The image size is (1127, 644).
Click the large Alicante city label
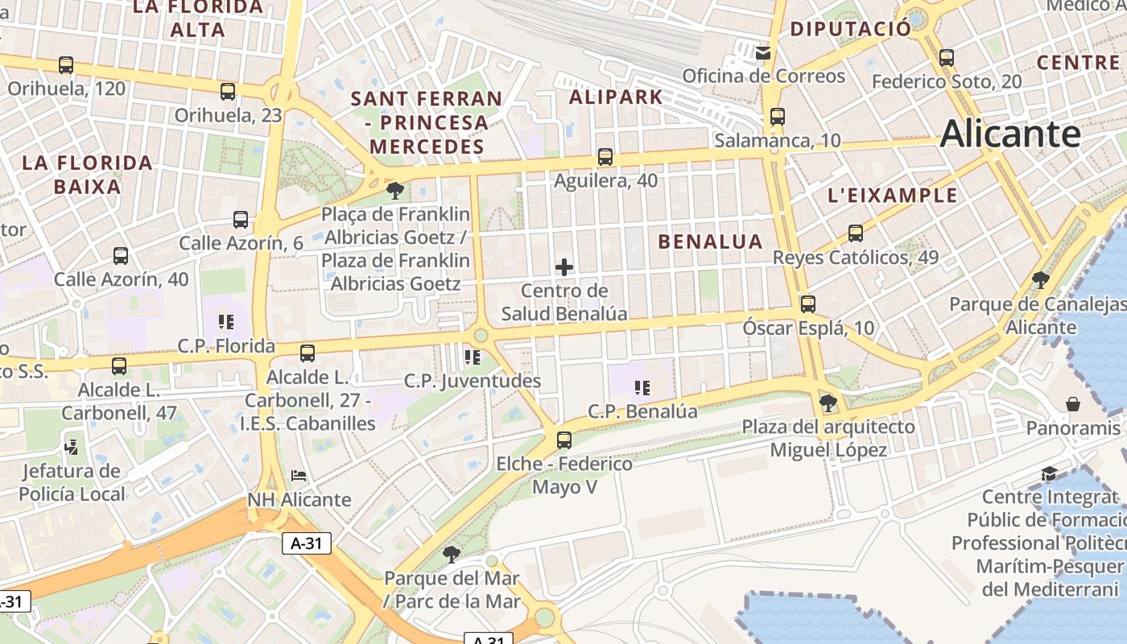[1009, 134]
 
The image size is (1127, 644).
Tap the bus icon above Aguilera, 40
[605, 157]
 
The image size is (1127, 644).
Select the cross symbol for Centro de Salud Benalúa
[564, 267]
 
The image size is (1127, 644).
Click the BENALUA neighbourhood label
[710, 242]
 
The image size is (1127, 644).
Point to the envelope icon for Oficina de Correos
[763, 53]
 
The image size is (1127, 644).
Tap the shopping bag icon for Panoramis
[1073, 404]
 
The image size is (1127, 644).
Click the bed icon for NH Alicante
[299, 476]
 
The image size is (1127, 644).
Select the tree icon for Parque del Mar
[451, 554]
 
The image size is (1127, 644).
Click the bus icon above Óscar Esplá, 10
[807, 304]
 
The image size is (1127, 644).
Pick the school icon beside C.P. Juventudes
[472, 357]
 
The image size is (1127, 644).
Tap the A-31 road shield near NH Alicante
[307, 543]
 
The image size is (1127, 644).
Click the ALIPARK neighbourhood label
[616, 97]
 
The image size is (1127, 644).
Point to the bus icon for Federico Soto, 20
[947, 58]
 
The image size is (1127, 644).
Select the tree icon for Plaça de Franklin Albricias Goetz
[394, 191]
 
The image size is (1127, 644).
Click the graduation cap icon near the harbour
[1049, 473]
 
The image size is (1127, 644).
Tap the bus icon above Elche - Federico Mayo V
[564, 440]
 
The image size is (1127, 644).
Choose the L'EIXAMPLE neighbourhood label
[893, 196]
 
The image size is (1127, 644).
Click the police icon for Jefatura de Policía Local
[72, 446]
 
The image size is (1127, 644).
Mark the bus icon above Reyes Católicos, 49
[855, 233]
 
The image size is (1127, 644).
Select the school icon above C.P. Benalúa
[642, 388]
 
